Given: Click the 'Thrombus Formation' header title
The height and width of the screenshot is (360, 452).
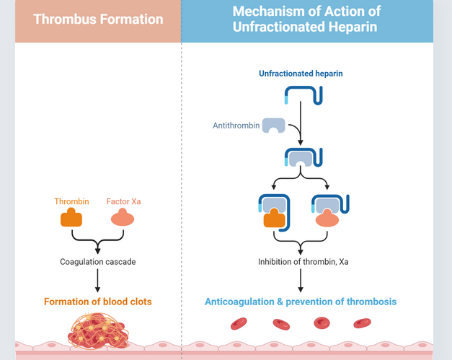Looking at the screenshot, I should [99, 19].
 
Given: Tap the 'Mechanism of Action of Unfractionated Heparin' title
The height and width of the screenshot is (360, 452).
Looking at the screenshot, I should [306, 19].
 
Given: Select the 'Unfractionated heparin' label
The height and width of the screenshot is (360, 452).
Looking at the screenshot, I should [301, 74].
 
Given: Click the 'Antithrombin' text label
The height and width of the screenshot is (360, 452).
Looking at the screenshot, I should [235, 126].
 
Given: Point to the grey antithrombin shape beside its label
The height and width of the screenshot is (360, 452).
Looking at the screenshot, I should [273, 126].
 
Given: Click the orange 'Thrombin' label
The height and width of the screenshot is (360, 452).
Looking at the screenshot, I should [71, 201].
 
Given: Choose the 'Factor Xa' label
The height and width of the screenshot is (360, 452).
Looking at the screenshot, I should [123, 201].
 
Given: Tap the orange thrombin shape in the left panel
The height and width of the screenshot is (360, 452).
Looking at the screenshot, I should [71, 219].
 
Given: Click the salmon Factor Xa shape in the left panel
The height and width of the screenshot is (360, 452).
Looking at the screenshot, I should [122, 219].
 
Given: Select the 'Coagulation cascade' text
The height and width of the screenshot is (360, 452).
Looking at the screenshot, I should [97, 261].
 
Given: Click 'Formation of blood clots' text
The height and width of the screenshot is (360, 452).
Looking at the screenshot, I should [97, 302].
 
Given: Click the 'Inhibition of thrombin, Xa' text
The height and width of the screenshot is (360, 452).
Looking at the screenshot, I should [303, 261].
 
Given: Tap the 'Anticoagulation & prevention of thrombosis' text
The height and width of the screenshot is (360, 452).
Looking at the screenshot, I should [301, 302].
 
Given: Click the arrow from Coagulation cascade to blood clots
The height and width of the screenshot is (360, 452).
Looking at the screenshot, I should [97, 280].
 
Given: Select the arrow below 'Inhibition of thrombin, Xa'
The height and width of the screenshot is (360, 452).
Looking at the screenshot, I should [301, 280].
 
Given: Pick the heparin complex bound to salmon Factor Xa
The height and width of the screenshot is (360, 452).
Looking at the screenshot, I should [330, 211].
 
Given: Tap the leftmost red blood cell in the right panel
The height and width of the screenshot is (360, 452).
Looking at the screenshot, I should [239, 324].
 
